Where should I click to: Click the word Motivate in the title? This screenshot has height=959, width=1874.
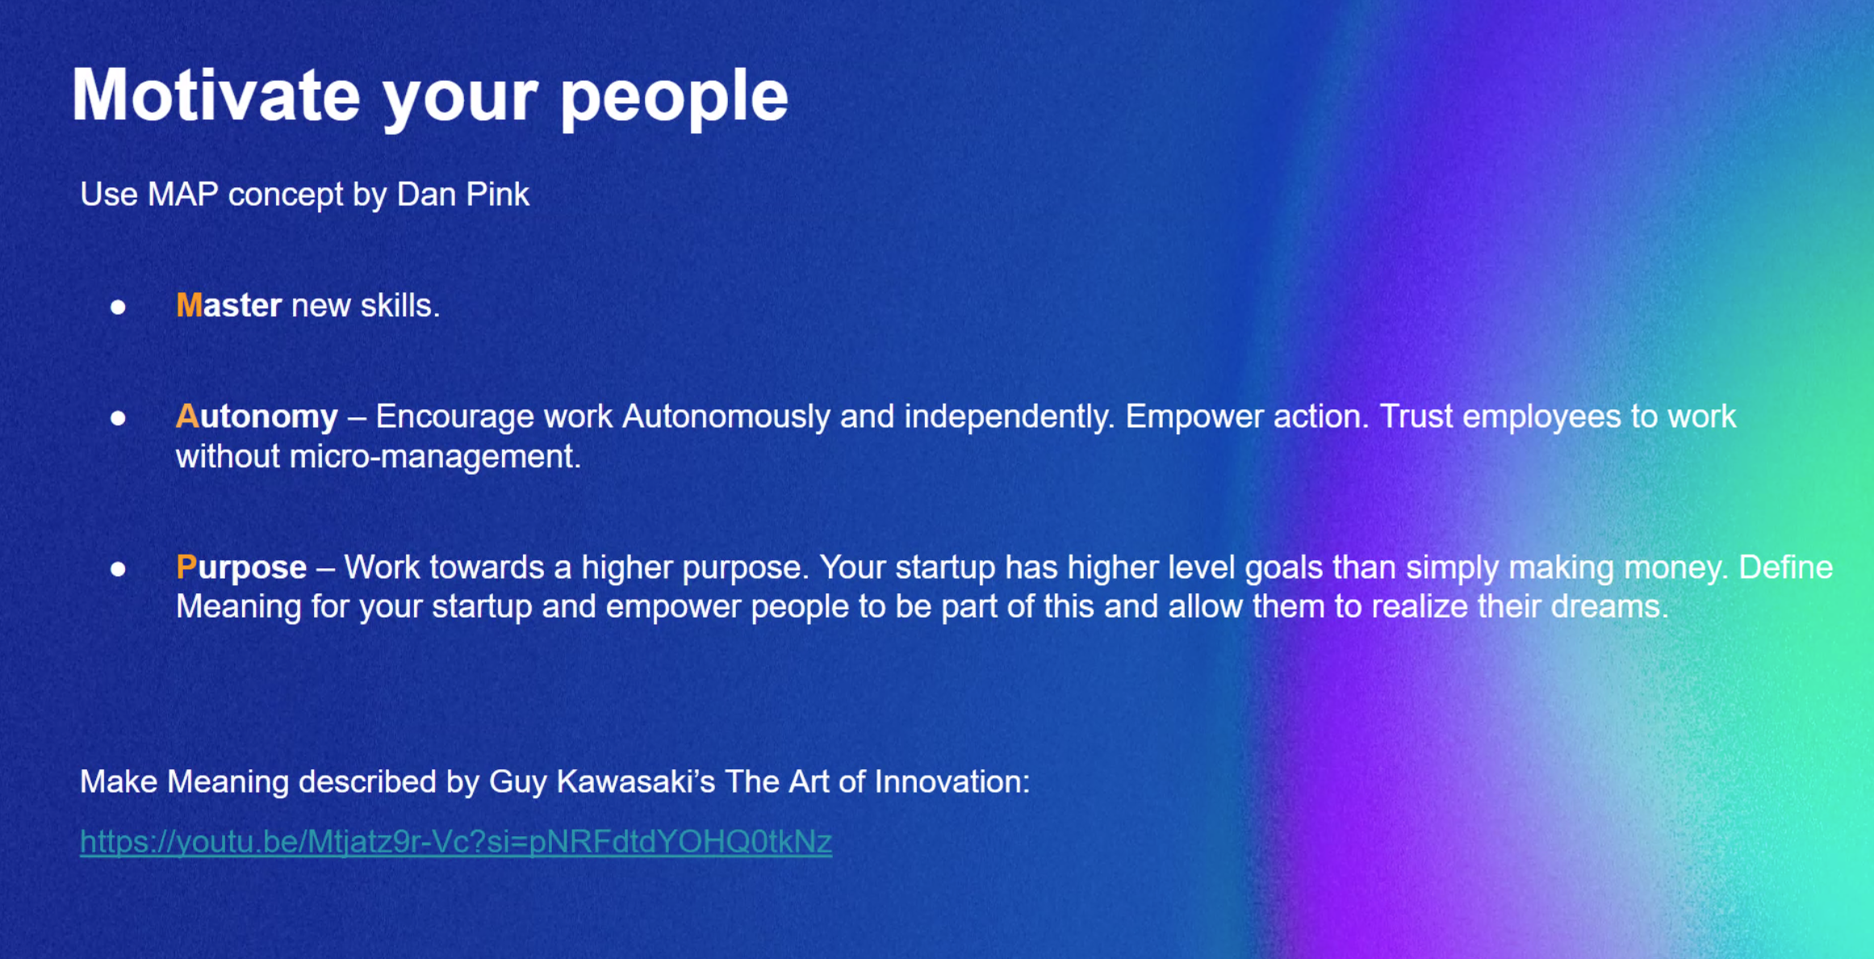216,94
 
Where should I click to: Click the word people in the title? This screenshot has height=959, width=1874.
674,99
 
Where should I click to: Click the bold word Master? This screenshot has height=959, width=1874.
229,305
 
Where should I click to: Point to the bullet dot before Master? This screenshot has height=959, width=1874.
118,307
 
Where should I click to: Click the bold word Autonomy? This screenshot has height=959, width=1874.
257,417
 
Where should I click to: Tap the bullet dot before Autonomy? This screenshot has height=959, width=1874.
118,418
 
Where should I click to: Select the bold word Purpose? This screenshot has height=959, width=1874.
241,568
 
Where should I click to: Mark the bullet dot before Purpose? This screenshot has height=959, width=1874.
118,569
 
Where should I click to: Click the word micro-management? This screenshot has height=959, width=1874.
435,458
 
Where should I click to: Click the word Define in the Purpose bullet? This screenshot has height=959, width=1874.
1786,567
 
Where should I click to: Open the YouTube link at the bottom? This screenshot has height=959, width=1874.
456,842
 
